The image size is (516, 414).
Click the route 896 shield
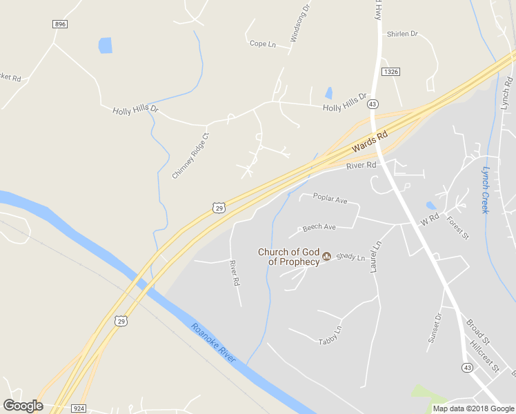click(60, 24)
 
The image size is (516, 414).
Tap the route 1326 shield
click(391, 72)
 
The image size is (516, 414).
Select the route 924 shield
click(79, 408)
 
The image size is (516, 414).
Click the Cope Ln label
click(262, 44)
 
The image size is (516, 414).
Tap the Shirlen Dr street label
click(402, 34)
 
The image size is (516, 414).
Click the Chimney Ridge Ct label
click(190, 156)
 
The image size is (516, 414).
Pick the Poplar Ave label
click(330, 198)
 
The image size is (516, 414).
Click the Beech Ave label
click(319, 227)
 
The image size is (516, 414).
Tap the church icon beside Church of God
click(327, 257)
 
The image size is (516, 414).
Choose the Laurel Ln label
click(376, 257)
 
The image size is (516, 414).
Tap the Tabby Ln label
click(330, 335)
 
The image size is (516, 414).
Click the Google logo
click(23, 406)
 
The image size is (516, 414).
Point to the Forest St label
click(457, 228)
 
